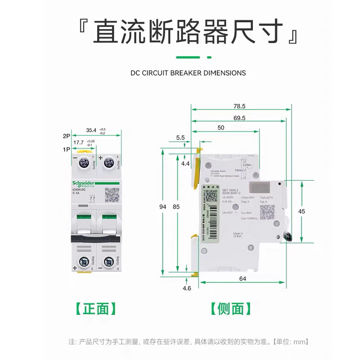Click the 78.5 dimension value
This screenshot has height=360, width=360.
tap(239, 107)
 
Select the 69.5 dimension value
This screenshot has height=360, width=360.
tap(239, 118)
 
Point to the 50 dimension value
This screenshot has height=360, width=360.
tap(220, 128)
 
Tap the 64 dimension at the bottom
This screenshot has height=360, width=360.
tap(242, 279)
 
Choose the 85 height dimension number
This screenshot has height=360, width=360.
tap(177, 207)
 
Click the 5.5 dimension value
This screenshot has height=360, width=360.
tap(180, 138)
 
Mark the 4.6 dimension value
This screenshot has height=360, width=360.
tap(186, 288)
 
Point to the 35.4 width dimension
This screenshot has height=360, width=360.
tap(91, 130)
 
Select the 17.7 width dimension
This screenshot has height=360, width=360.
tap(79, 142)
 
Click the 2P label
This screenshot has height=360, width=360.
tap(66, 135)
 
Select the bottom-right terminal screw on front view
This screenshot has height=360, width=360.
tap(108, 261)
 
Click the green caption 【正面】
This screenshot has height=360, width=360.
tap(94, 309)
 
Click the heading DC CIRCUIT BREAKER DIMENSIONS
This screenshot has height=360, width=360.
tap(188, 72)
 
